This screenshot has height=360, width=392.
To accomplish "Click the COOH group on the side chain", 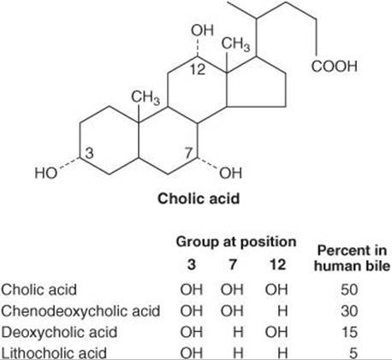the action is click(x=334, y=67).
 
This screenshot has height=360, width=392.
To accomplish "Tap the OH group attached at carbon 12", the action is click(x=202, y=31).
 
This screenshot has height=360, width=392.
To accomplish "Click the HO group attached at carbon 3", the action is click(x=46, y=173).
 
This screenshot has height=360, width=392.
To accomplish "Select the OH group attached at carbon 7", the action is click(x=230, y=173).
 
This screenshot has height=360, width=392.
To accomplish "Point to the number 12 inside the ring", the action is click(x=198, y=69).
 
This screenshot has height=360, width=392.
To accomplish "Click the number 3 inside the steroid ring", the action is click(x=89, y=153).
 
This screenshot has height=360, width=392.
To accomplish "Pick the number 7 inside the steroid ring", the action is click(x=188, y=153).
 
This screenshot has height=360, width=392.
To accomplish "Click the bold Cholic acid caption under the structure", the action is click(x=199, y=198).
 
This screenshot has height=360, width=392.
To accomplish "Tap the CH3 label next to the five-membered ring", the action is click(x=235, y=44).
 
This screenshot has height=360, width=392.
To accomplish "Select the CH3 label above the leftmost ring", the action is click(x=146, y=97).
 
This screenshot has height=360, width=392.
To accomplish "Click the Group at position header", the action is click(x=236, y=242).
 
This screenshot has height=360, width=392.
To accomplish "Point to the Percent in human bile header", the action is click(x=352, y=258).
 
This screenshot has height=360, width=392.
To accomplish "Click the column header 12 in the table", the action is click(x=277, y=264).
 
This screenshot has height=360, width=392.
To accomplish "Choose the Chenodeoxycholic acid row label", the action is click(x=80, y=310).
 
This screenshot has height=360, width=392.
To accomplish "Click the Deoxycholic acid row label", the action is click(x=59, y=332).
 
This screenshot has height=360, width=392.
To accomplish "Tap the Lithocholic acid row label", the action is click(x=54, y=353).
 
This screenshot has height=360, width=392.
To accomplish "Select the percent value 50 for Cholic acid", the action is click(x=349, y=290).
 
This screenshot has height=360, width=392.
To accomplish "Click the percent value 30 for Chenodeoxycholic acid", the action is click(x=349, y=310).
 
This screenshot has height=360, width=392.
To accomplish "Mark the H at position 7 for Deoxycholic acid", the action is click(x=238, y=332).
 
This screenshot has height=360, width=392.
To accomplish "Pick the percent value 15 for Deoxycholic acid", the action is click(x=349, y=332).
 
